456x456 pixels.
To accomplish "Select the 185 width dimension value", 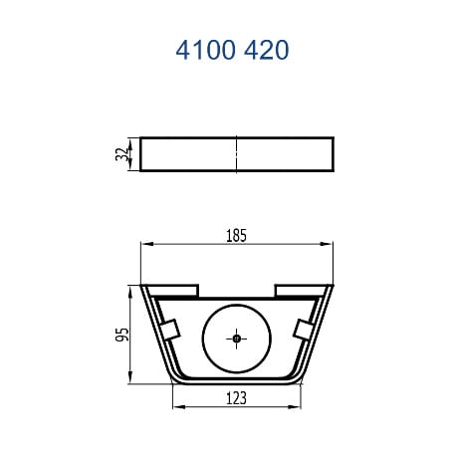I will pyautogui.click(x=236, y=236).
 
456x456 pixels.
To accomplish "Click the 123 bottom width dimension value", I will pyautogui.click(x=236, y=397).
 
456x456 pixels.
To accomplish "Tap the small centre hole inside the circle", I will pyautogui.click(x=237, y=339).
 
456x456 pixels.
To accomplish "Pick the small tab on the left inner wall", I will pyautogui.click(x=169, y=329).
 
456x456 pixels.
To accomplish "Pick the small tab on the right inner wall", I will pyautogui.click(x=304, y=329).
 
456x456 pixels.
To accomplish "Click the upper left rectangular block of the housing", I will pyautogui.click(x=174, y=290).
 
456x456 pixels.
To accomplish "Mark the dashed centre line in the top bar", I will pyautogui.click(x=237, y=154).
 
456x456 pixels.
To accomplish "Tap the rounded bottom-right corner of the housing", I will pyautogui.click(x=298, y=379).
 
